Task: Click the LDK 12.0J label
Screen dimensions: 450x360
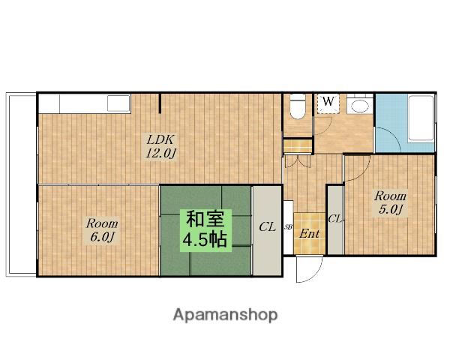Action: [x=160, y=147]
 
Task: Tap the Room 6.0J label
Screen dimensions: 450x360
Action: [x=102, y=230]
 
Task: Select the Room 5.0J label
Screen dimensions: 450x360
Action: [x=390, y=203]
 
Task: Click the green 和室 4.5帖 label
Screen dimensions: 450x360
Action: [x=206, y=230]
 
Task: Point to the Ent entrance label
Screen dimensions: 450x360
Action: [x=309, y=234]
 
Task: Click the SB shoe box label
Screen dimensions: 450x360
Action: [x=288, y=226]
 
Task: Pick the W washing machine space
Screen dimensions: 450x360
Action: [x=328, y=103]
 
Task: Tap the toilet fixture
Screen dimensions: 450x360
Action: [x=297, y=106]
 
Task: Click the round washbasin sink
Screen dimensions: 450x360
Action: [x=360, y=106]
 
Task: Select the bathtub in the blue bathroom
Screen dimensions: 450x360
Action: [x=421, y=118]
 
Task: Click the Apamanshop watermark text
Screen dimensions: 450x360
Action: [x=225, y=315]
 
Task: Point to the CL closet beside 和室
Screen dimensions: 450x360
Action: [x=267, y=231]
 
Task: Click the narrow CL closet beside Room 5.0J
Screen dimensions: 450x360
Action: [x=335, y=220]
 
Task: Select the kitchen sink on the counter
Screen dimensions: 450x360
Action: [x=118, y=103]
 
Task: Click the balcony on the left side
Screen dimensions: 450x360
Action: [x=22, y=184]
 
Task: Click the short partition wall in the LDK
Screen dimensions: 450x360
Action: [x=160, y=103]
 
